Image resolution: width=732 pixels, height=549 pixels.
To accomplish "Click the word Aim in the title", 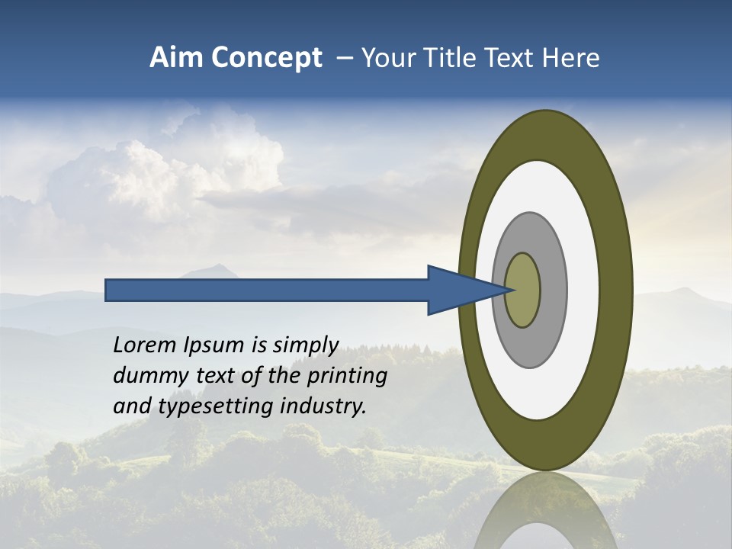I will tap(175, 58).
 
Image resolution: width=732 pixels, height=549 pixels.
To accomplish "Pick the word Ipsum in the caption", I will tap(214, 345).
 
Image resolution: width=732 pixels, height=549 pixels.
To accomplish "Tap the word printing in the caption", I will tap(347, 376).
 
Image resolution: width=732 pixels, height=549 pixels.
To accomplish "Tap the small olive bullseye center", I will tap(522, 291).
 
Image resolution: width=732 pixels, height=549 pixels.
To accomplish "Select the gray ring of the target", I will tap(554, 290).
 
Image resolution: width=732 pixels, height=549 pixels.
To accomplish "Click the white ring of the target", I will tap(583, 290).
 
